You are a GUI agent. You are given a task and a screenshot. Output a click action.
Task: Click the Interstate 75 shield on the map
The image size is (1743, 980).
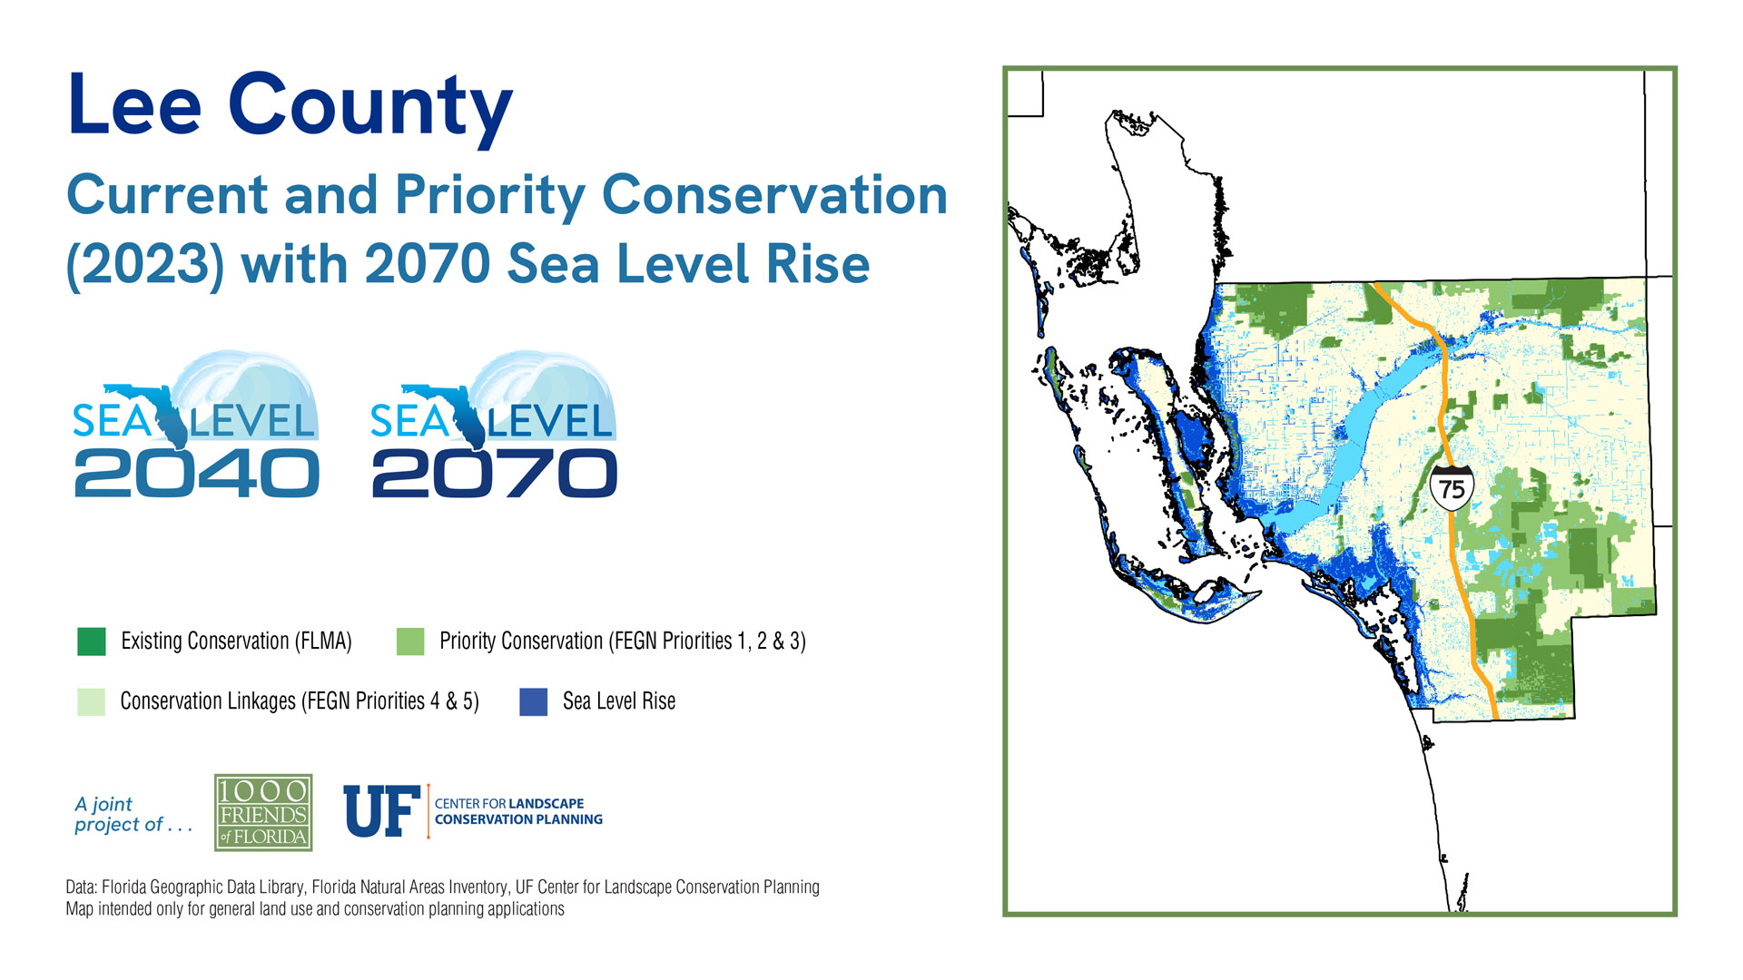[x=1452, y=488]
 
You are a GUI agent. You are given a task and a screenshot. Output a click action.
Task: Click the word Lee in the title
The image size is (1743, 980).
[x=134, y=105]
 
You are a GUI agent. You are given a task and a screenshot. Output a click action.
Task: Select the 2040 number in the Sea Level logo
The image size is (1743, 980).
[x=196, y=474]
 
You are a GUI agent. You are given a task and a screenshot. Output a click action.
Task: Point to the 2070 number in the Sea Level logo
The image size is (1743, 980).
[x=495, y=474]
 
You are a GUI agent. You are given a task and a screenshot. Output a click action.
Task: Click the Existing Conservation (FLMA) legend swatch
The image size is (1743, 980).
[x=92, y=642]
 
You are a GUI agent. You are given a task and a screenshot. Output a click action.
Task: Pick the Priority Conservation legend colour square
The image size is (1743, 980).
[x=410, y=642]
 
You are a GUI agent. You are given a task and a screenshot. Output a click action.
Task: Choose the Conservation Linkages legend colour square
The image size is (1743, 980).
[x=92, y=701]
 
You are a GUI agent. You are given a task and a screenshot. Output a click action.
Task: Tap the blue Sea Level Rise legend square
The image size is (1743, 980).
[x=534, y=701]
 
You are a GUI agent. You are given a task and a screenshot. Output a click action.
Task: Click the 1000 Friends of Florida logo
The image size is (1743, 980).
[x=263, y=812]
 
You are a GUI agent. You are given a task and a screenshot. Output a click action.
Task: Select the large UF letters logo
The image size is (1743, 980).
[x=381, y=811]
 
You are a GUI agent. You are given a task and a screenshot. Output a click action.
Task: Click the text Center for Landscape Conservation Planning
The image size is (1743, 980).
[x=518, y=811]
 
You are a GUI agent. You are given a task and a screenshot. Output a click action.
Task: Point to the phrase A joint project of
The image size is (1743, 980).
[x=133, y=814]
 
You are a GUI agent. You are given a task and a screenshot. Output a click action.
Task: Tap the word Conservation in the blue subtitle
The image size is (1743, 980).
[x=774, y=195]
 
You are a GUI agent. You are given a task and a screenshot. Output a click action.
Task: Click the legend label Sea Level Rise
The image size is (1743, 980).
[x=619, y=701]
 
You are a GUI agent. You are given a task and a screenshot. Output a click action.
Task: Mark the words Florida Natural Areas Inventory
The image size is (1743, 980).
[x=409, y=887]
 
